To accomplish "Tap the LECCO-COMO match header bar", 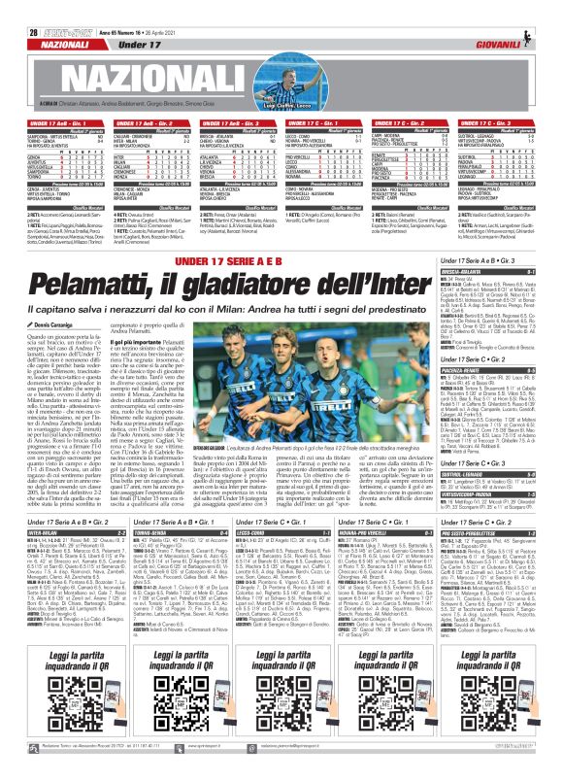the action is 281,559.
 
